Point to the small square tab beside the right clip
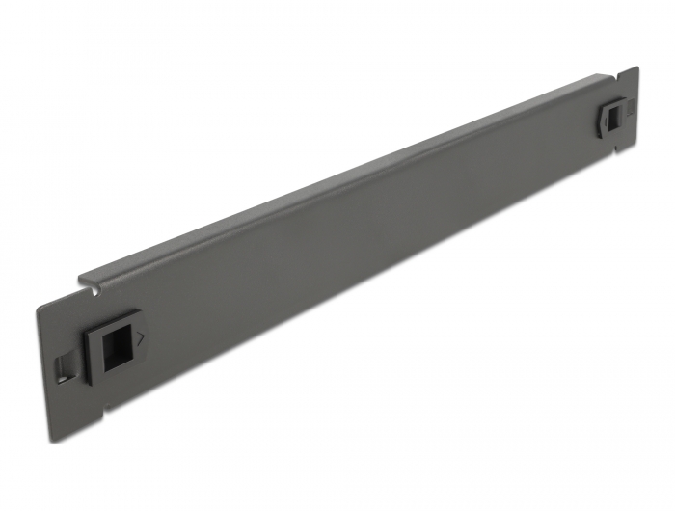point(624,114)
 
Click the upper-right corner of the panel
point(637,67)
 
